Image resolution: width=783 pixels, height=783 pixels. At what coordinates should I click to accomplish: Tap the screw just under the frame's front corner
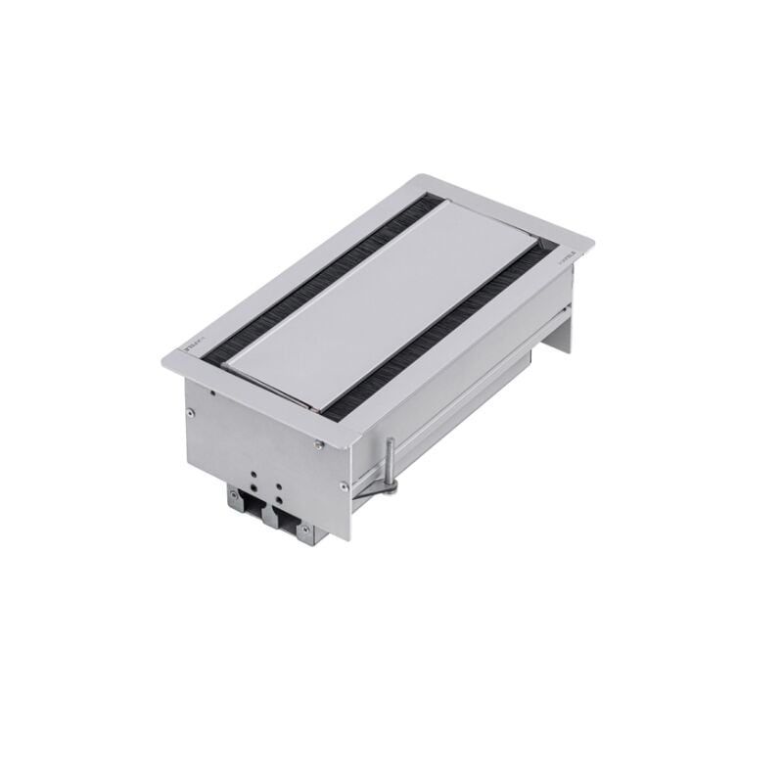(322, 448)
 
